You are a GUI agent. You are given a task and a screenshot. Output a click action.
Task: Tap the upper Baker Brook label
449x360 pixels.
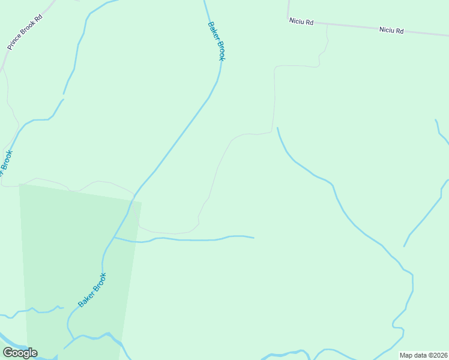[x=217, y=41]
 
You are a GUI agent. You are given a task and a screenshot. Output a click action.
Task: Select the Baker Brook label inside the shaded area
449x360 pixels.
[x=92, y=290]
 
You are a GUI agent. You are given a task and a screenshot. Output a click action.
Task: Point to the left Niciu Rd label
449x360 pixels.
[x=301, y=22]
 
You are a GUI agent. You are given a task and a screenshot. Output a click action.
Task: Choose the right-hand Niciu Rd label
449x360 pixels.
[x=391, y=29]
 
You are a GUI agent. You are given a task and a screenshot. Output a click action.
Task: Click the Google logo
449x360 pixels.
[x=20, y=353]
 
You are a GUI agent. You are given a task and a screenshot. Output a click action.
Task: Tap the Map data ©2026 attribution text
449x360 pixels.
[x=423, y=355]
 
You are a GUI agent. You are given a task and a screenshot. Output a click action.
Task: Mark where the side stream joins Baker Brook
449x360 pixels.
[x=113, y=238]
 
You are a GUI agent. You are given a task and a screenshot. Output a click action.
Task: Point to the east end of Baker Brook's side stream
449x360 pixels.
[x=253, y=238]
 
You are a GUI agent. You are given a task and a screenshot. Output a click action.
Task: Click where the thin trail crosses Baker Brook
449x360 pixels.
[x=134, y=194]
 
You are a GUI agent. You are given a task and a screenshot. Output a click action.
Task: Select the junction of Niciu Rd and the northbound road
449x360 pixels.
[x=288, y=20]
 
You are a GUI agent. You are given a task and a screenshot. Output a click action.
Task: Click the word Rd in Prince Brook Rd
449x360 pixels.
[x=38, y=18]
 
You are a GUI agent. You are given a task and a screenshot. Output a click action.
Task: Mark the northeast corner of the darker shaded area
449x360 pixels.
[x=142, y=203]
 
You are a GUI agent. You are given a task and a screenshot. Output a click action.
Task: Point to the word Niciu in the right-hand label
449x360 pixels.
[x=386, y=29]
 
